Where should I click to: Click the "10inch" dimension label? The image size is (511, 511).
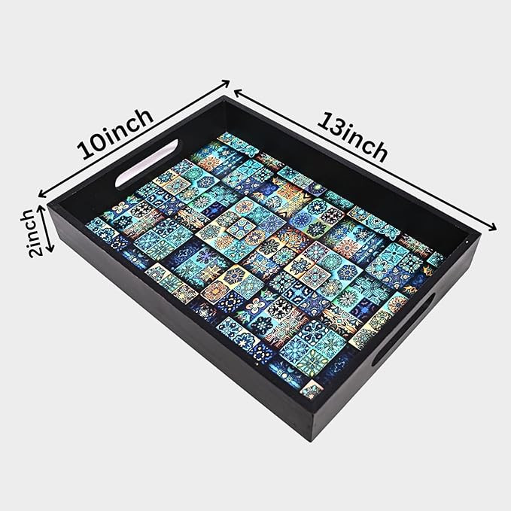[x=115, y=134]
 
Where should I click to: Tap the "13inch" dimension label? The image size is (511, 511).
[x=353, y=137]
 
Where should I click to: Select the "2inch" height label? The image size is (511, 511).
[x=32, y=233]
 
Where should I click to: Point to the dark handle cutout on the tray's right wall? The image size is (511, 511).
[x=405, y=329]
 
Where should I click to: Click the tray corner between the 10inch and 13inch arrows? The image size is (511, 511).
[x=224, y=96]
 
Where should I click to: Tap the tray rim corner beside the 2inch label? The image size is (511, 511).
[x=49, y=206]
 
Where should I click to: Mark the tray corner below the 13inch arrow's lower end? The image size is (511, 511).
[x=479, y=233]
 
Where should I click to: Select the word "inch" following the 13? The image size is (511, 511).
[x=366, y=144]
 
